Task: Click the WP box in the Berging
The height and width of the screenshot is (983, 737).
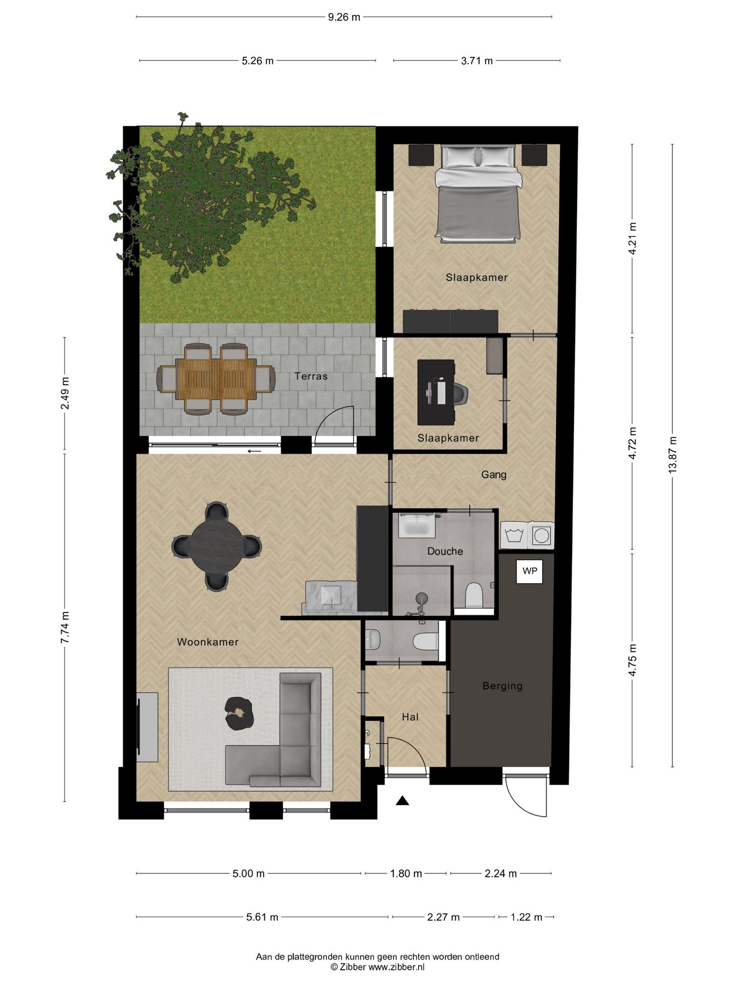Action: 529,571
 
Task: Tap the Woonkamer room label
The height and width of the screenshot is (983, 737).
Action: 207,642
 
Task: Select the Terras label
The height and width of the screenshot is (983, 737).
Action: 311,376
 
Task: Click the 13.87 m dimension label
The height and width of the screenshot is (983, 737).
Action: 673,455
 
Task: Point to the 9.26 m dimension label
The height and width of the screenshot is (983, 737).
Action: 344,17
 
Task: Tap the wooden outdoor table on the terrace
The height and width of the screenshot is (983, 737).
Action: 215,379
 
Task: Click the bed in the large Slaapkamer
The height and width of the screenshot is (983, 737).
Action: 478,193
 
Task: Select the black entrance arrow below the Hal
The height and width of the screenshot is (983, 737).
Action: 402,801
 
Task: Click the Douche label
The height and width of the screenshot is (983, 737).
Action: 445,551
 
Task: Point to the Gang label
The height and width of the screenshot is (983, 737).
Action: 493,475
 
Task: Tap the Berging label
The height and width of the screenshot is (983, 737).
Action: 502,686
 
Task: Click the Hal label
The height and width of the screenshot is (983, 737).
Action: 410,717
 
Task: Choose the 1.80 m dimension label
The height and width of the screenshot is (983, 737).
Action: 406,873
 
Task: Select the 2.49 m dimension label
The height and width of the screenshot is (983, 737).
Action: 65,393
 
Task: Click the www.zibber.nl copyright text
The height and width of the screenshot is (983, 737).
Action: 377,967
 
